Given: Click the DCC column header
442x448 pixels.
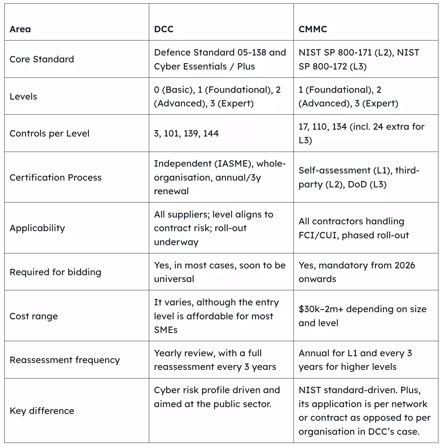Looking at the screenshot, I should click(164, 29).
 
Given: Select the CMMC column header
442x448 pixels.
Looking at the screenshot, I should click(312, 29).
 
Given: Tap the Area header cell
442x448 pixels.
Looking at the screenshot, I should click(20, 29).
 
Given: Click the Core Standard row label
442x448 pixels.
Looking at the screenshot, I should click(42, 59).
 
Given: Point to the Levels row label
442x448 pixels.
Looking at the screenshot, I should click(23, 96).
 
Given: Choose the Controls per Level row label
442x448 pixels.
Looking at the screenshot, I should click(50, 133).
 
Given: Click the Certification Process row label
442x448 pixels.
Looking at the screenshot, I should click(56, 177).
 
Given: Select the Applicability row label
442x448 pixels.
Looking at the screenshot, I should click(37, 228).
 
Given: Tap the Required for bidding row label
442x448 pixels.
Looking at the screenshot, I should click(56, 272).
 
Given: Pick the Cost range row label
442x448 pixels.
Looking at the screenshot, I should click(34, 316).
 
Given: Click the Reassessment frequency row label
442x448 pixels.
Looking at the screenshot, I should click(65, 360).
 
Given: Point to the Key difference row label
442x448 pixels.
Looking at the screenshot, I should click(42, 411).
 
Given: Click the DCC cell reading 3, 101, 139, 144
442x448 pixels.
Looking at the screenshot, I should click(186, 133).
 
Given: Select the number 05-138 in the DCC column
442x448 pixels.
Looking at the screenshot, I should click(251, 52).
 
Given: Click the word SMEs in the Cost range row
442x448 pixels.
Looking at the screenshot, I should click(166, 330).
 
